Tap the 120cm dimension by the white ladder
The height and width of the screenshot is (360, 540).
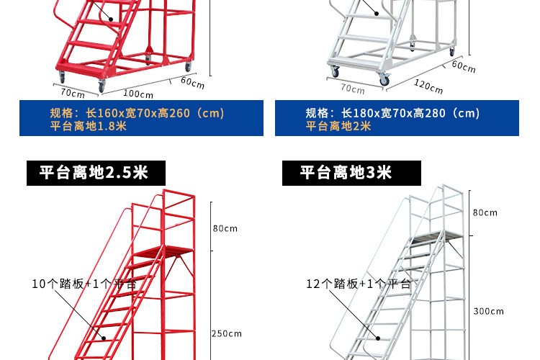[x=428, y=86]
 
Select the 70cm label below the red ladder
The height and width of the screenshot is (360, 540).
[x=72, y=92]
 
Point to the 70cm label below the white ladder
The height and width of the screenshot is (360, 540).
[x=352, y=89]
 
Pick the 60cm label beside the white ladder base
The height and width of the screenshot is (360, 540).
[x=464, y=67]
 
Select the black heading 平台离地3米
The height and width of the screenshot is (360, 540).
[x=346, y=173]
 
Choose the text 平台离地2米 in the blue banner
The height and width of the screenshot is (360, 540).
[x=338, y=126]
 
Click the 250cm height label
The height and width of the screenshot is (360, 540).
[x=227, y=333]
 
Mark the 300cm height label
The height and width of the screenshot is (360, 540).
[x=489, y=311]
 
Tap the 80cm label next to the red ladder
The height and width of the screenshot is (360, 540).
[x=225, y=228]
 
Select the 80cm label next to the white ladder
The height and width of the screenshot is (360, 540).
[x=485, y=212]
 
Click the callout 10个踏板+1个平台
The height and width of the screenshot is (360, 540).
[x=84, y=284]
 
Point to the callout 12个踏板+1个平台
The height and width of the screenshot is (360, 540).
[x=359, y=284]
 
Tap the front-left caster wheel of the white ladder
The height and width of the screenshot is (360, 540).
[x=334, y=71]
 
